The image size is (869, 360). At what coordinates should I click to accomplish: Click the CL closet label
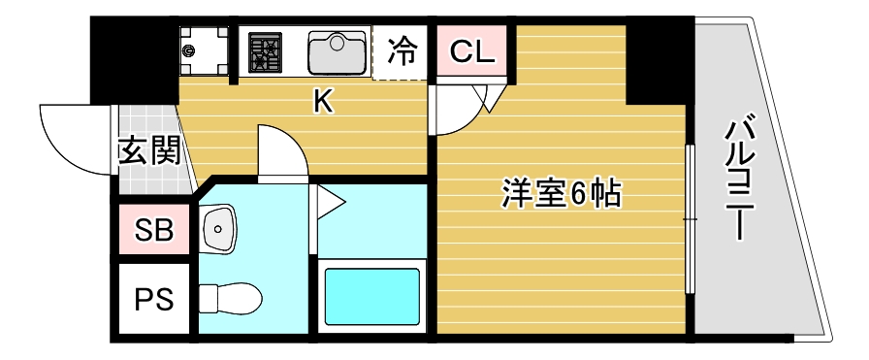470,50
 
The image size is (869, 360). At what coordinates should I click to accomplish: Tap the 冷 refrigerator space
400,50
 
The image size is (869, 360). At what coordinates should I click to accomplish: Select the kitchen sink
336,50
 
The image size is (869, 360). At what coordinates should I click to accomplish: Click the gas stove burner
265,51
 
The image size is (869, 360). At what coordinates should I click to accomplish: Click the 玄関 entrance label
148,152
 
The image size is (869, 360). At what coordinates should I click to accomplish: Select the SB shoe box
154,231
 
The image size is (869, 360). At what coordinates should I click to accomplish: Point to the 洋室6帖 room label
562,194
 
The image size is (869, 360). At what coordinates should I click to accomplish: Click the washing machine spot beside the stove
204,51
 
